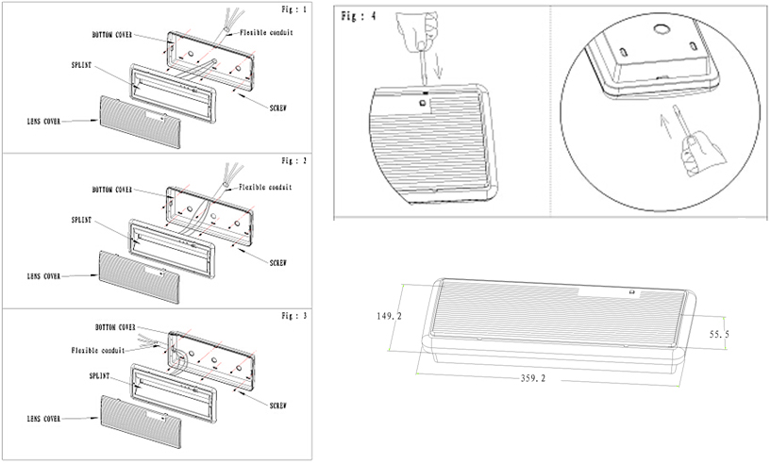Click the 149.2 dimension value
coord(389,317)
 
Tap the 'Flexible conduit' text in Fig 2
coord(265,188)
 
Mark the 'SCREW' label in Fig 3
coord(277,406)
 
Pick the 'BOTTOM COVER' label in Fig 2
coord(118,190)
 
